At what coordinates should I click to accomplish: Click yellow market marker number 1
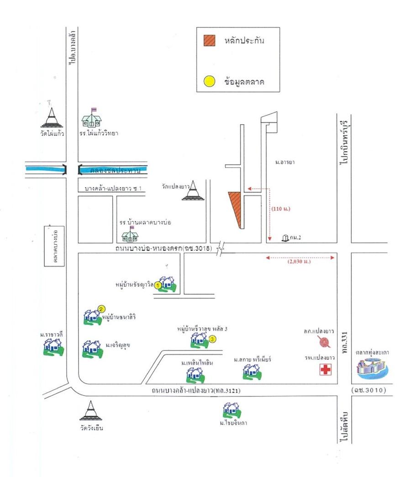coord(158,285)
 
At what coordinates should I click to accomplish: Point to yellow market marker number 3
coord(212,339)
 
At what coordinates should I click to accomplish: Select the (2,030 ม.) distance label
coord(300,262)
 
